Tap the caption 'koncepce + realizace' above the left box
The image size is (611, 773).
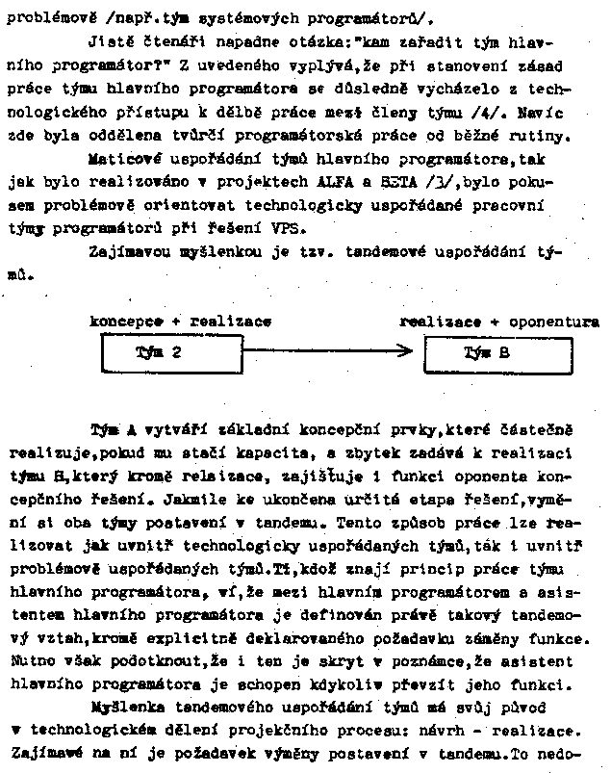point(181,321)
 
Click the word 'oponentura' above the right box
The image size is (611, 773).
point(553,321)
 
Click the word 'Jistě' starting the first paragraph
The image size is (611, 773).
point(108,42)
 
